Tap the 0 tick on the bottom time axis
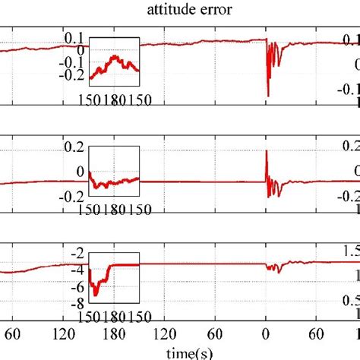click(266, 333)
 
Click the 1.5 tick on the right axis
click(350, 251)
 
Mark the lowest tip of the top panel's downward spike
click(268, 96)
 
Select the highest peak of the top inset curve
click(114, 55)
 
